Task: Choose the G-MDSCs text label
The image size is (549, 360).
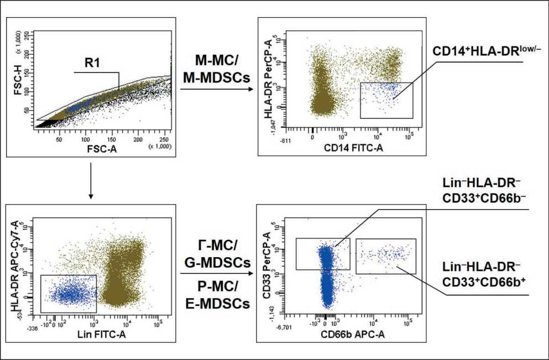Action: pyautogui.click(x=216, y=262)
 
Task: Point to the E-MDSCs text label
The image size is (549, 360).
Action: pyautogui.click(x=216, y=303)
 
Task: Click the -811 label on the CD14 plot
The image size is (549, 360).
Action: pyautogui.click(x=286, y=141)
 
